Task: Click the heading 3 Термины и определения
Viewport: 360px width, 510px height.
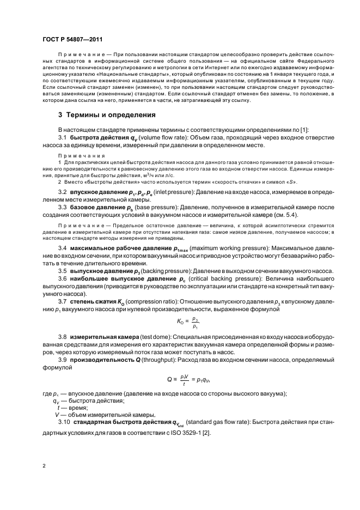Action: [107, 115]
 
